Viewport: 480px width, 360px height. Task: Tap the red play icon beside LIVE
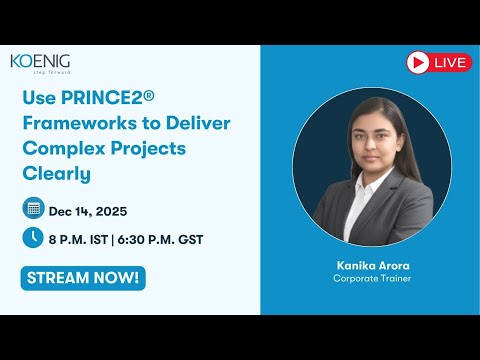(418, 63)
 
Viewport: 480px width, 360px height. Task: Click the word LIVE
(449, 63)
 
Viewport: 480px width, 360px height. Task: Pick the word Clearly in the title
(56, 173)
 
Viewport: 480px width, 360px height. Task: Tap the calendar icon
(33, 209)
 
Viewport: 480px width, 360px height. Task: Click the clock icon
(33, 238)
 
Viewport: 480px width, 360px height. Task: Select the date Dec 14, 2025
(87, 210)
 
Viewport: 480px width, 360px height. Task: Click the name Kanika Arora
(371, 265)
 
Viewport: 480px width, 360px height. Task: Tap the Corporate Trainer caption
(371, 279)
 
